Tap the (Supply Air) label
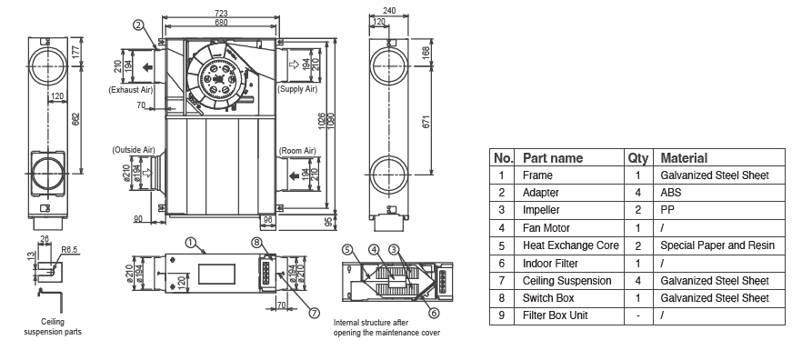point(296,89)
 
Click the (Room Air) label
point(296,150)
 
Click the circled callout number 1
point(190,243)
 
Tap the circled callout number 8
point(257,243)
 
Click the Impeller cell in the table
point(544,210)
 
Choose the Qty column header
point(637,157)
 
